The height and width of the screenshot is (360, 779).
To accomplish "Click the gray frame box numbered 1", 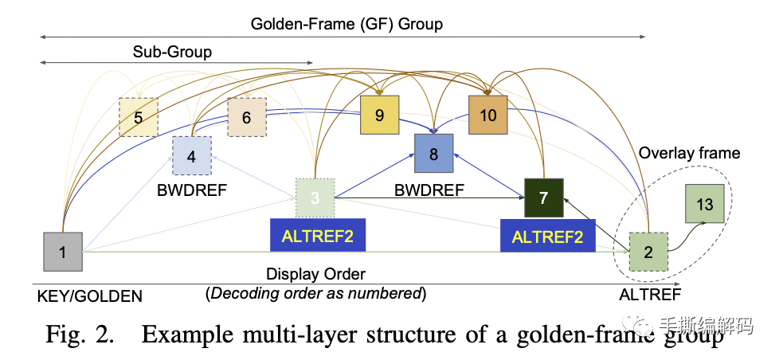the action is (x=63, y=252).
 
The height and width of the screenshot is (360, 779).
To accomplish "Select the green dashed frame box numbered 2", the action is (x=648, y=252).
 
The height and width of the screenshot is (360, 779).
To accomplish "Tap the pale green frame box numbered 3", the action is (x=315, y=198).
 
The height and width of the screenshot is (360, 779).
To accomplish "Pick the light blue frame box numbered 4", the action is (x=192, y=156).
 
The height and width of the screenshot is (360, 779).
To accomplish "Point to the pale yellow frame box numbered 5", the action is (x=139, y=117).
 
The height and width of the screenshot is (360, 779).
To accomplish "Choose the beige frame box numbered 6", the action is (x=247, y=117).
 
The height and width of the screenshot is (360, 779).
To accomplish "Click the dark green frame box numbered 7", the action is (x=544, y=198).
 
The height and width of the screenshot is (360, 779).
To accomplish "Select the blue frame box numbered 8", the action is (x=434, y=154).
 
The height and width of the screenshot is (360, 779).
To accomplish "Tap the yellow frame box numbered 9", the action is (x=380, y=115).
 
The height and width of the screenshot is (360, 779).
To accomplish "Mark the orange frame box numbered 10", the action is (x=487, y=115).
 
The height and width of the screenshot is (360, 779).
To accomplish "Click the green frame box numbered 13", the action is (x=704, y=204).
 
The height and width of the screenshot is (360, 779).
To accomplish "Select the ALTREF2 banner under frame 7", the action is (x=547, y=237).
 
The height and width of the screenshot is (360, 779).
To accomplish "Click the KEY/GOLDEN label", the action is (x=89, y=296).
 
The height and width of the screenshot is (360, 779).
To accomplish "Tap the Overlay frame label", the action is (x=690, y=153).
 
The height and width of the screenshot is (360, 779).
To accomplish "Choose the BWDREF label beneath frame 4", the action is (x=192, y=190).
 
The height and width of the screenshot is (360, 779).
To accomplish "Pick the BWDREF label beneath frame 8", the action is (x=429, y=190).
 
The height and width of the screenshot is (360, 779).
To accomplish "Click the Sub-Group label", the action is (x=172, y=52).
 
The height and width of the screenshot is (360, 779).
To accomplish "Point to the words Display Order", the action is (x=315, y=274).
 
